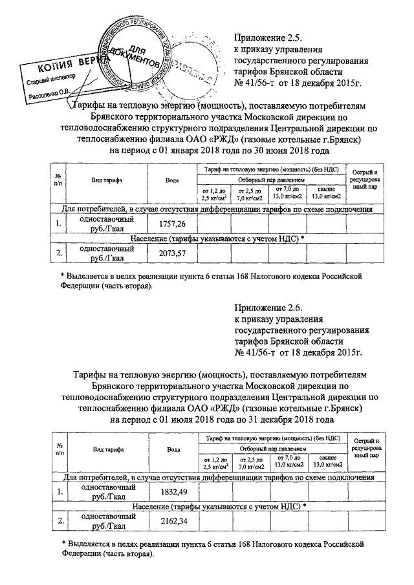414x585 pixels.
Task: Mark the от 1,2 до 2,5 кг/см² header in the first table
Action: coord(215,192)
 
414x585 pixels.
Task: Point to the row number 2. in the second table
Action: coord(59,521)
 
